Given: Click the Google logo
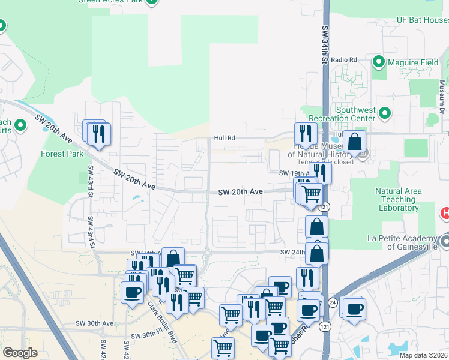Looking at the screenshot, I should [20, 353].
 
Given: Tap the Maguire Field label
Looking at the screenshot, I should [414, 62].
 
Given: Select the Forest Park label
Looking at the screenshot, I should [62, 154].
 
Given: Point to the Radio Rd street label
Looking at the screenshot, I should [344, 60].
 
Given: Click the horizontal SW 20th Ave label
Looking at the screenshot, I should [240, 192].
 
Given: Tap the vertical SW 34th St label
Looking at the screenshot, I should [325, 45].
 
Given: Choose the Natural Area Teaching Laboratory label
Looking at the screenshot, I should [398, 200].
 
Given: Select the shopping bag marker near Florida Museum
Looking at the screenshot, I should [354, 143].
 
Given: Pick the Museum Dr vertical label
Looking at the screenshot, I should [441, 96].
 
